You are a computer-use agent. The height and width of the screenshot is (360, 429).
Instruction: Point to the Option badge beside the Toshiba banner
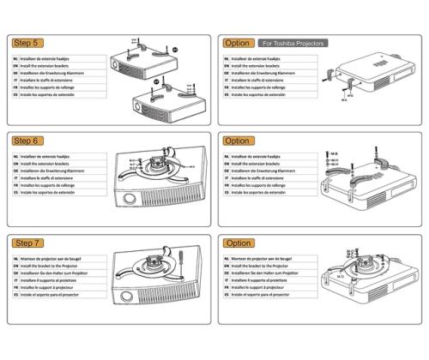pos(237,43)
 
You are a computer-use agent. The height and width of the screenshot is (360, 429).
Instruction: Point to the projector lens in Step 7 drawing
pos(129,303)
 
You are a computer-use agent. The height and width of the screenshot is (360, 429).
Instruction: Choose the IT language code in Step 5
pos(16,85)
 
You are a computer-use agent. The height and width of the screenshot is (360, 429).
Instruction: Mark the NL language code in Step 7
pos(16,261)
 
